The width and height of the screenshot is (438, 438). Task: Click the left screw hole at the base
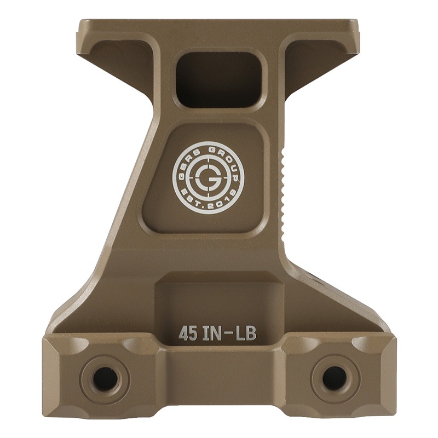tap(105, 378)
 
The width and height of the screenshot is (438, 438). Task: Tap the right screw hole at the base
tap(334, 378)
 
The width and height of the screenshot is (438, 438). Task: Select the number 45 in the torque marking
tap(188, 333)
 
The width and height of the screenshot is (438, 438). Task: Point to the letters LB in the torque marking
tap(245, 333)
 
